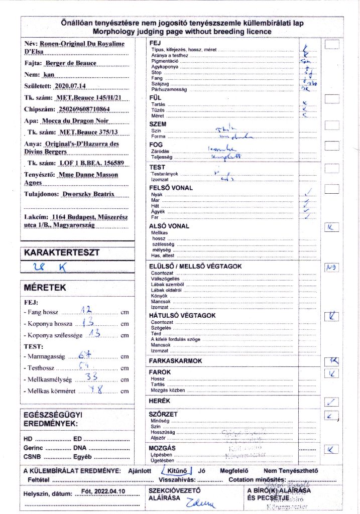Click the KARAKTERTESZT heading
pyautogui.click(x=62, y=252)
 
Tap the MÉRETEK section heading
pyautogui.click(x=45, y=288)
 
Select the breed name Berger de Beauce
pyautogui.click(x=70, y=63)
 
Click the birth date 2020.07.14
pyautogui.click(x=69, y=86)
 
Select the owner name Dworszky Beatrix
pyautogui.click(x=87, y=194)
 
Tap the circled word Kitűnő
pyautogui.click(x=175, y=470)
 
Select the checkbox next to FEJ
pyautogui.click(x=332, y=44)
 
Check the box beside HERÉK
pyautogui.click(x=331, y=401)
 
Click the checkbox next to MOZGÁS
pyautogui.click(x=331, y=450)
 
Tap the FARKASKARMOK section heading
pyautogui.click(x=175, y=361)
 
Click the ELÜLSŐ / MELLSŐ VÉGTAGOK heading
pyautogui.click(x=196, y=266)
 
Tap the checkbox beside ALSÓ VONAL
pyautogui.click(x=331, y=227)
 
